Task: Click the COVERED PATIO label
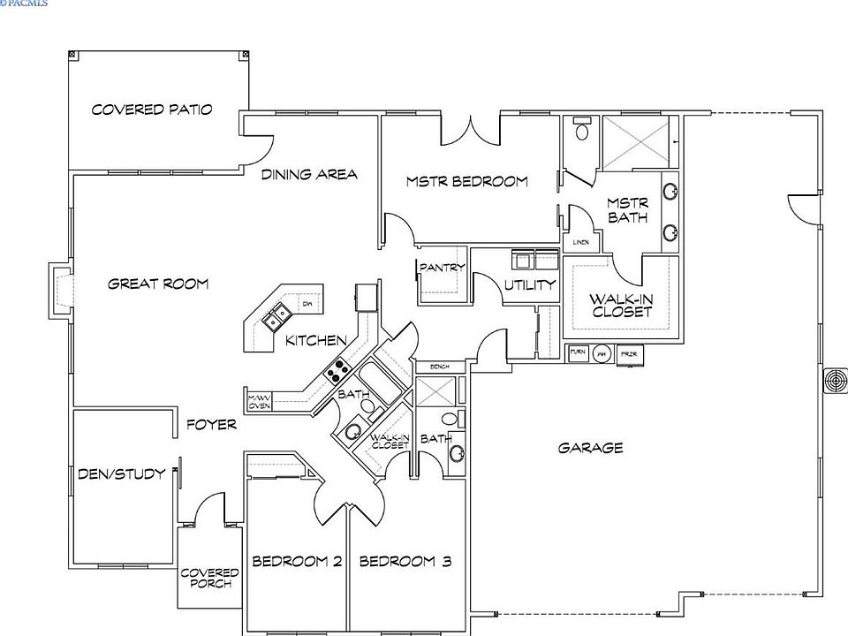(152, 110)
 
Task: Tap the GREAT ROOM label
(158, 284)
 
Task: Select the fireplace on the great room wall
(60, 291)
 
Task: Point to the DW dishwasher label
(307, 304)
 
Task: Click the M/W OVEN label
(259, 401)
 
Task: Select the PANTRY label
(441, 267)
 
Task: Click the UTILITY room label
(529, 284)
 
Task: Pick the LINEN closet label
(580, 241)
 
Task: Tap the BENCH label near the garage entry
(440, 366)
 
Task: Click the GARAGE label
(590, 448)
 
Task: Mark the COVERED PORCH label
(209, 578)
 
